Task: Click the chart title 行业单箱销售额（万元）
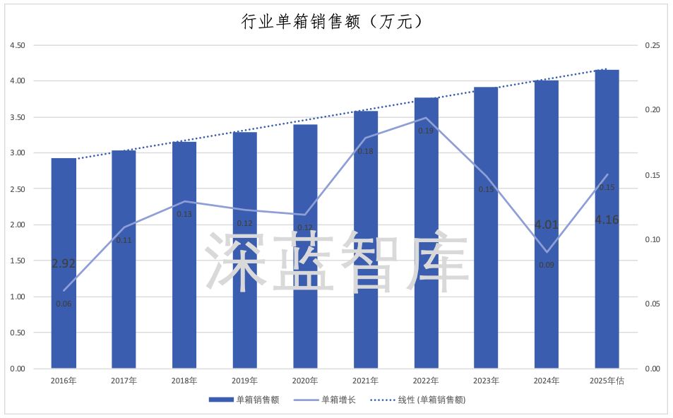click(332, 23)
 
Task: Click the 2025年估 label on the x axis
click(607, 381)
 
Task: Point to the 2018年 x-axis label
click(184, 381)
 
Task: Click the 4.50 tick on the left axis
click(16, 45)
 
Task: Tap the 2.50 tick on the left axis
click(16, 189)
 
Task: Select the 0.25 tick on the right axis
click(652, 45)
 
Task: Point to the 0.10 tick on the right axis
click(652, 239)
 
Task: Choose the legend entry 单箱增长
click(338, 400)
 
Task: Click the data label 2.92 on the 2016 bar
click(64, 263)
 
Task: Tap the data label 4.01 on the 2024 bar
click(547, 225)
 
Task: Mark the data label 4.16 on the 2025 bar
click(607, 220)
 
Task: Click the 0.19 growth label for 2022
click(426, 131)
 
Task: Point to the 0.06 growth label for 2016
click(64, 304)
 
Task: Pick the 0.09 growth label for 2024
click(547, 265)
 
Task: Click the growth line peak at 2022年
click(426, 118)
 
